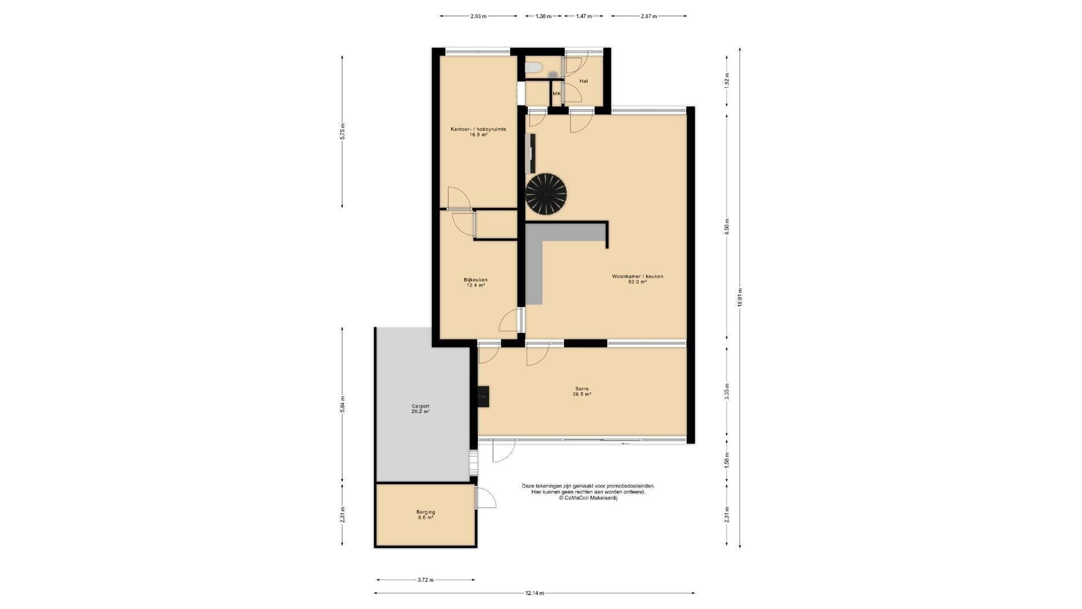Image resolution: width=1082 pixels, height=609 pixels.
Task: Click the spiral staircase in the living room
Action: [546, 194]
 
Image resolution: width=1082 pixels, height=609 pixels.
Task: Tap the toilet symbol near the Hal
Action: [534, 68]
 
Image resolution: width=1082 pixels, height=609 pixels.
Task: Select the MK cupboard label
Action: [557, 94]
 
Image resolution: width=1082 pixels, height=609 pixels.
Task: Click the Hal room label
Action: [584, 81]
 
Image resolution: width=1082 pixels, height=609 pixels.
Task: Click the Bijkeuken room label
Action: [476, 280]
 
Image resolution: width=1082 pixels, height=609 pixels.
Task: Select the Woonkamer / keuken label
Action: [637, 276]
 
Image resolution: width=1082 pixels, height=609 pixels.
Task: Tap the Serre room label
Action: [582, 389]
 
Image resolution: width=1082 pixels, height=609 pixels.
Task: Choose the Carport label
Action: [420, 406]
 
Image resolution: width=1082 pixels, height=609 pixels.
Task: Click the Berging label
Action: [425, 512]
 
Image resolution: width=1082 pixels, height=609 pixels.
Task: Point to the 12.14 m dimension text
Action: [534, 593]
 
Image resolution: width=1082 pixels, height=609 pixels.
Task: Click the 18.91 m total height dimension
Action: [740, 297]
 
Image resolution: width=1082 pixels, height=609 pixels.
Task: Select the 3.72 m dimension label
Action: [425, 580]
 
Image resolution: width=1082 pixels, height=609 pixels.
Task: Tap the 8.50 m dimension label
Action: [727, 226]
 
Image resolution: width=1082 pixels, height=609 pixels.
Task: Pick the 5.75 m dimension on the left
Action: [342, 131]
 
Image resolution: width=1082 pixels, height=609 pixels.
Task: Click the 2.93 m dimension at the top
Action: [478, 16]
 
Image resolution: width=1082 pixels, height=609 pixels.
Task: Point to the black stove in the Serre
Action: [483, 396]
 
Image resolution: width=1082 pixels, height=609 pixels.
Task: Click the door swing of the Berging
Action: [486, 497]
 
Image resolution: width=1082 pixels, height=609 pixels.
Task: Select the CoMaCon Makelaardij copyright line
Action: [588, 498]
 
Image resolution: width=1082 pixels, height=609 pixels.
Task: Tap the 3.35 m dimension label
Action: [727, 391]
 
